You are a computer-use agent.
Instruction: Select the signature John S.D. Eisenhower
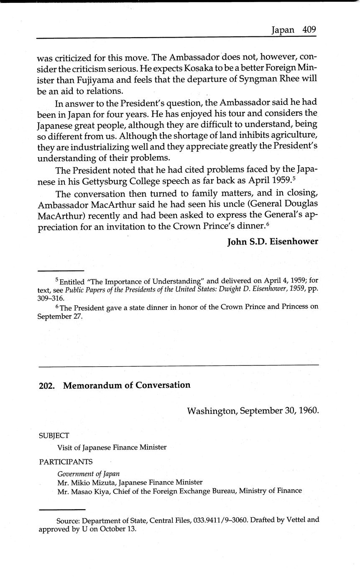[x=273, y=242]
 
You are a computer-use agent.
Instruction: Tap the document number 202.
[x=46, y=386]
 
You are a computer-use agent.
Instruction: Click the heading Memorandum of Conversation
[x=127, y=385]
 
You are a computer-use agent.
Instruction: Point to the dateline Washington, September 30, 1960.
[x=253, y=411]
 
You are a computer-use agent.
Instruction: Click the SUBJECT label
[x=54, y=436]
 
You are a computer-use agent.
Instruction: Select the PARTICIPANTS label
[x=66, y=462]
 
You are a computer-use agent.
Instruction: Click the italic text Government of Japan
[x=89, y=474]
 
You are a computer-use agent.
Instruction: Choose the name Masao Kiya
[x=91, y=491]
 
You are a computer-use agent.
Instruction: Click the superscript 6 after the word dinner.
[x=268, y=225]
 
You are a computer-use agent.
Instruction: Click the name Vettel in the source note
[x=291, y=520]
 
